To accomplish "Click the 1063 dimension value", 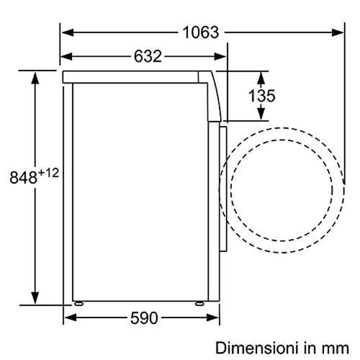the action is (x=201, y=32).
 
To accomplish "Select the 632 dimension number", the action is (x=148, y=56).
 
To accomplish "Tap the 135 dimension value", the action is (x=261, y=96).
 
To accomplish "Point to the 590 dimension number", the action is (x=144, y=318).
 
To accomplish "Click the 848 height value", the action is (x=24, y=178).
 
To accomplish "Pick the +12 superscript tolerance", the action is (x=48, y=173).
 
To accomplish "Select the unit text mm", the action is (x=336, y=349).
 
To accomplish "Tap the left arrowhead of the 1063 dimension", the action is (x=68, y=32).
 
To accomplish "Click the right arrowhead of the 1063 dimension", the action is (x=338, y=32).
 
